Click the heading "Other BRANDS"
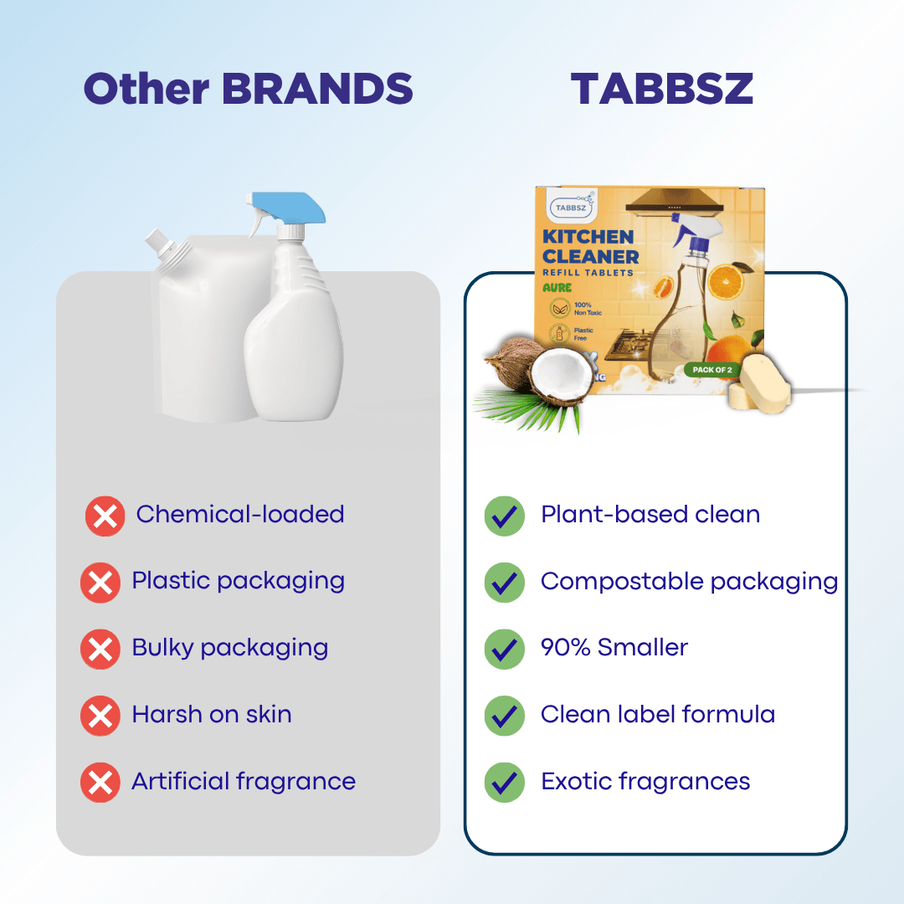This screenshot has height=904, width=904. coord(248,89)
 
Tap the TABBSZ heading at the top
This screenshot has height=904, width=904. coord(661,89)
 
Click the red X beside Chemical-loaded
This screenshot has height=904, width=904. coord(105,516)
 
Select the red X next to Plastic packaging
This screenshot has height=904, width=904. coord(100,583)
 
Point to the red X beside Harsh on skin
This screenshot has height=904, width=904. coord(100,716)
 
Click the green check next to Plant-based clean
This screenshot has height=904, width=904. coord(505,516)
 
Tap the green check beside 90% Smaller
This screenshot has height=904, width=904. coord(505,649)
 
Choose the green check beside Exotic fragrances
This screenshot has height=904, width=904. coord(505,783)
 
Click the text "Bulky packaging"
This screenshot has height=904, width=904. coord(229,648)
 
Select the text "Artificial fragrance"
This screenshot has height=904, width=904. coord(244,782)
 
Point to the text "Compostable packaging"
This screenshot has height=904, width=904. coord(689,581)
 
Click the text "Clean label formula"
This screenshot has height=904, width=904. coord(658,715)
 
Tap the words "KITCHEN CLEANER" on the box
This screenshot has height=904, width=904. coord(590,246)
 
